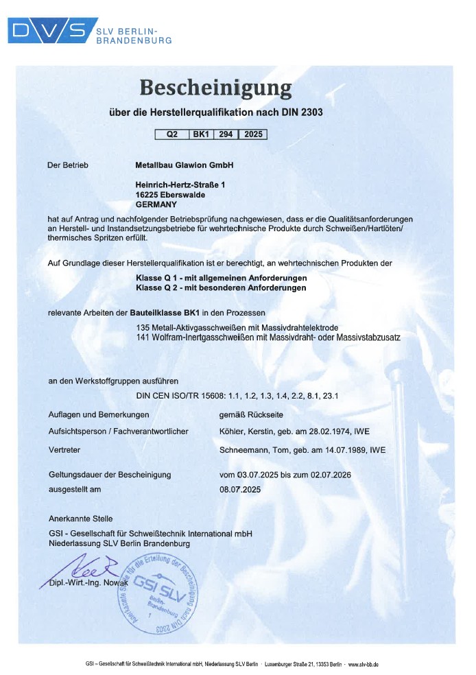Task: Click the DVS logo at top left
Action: point(51,30)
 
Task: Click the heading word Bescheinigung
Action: point(215,88)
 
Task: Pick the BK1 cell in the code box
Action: point(201,134)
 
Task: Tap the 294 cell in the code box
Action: point(225,134)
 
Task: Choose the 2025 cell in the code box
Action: point(252,134)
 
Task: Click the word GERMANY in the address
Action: point(156,204)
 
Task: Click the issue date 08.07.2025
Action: point(240,490)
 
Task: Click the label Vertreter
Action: point(64,450)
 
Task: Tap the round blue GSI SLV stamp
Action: point(162,592)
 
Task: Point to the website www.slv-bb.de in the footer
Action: point(364,664)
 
